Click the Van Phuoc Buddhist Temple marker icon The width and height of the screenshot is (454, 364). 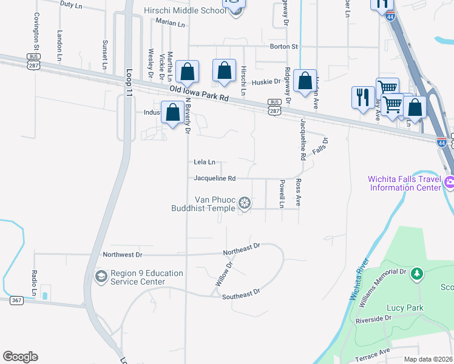click(x=245, y=203)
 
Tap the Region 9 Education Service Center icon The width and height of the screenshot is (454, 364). click(x=101, y=277)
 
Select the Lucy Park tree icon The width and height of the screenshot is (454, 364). click(x=416, y=274)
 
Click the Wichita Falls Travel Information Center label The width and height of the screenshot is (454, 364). click(x=404, y=183)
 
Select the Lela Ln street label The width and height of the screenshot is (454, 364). click(x=205, y=162)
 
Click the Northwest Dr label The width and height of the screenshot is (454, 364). click(x=123, y=255)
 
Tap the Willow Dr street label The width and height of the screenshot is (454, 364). click(x=223, y=275)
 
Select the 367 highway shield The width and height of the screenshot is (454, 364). click(x=16, y=301)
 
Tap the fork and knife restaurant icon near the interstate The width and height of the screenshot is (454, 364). click(x=362, y=96)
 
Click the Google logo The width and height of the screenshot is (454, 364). click(x=20, y=357)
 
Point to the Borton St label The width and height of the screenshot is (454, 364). click(x=284, y=46)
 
